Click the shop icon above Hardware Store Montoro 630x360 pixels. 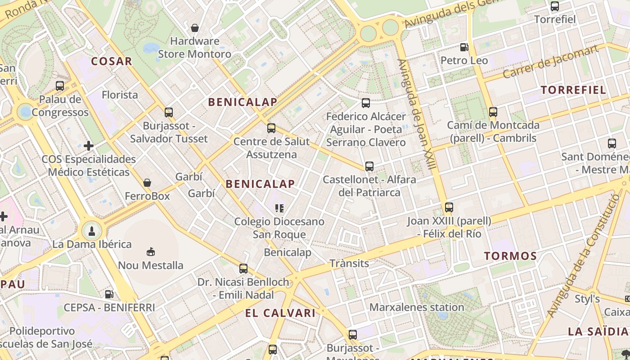click(x=195, y=28)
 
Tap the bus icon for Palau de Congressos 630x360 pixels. click(x=60, y=85)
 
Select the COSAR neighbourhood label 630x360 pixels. click(x=112, y=61)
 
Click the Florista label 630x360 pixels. click(x=120, y=95)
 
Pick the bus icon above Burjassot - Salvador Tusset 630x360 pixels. click(x=169, y=112)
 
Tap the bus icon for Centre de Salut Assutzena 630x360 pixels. click(x=271, y=128)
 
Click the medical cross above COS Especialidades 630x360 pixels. click(x=89, y=145)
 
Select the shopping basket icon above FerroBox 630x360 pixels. click(x=147, y=183)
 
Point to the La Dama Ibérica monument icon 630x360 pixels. click(x=92, y=231)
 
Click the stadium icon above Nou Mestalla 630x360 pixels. click(x=151, y=252)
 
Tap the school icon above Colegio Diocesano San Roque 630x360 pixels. click(x=279, y=208)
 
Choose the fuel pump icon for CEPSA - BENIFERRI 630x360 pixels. click(x=109, y=294)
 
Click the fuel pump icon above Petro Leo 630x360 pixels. click(x=464, y=47)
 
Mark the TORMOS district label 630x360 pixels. click(x=510, y=256)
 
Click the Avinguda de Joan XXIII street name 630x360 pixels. click(x=418, y=115)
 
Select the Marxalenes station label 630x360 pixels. click(x=416, y=307)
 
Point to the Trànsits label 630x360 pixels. click(x=349, y=263)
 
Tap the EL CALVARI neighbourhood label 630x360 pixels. click(x=280, y=313)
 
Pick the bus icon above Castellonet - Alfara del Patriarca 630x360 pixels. click(x=369, y=166)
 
